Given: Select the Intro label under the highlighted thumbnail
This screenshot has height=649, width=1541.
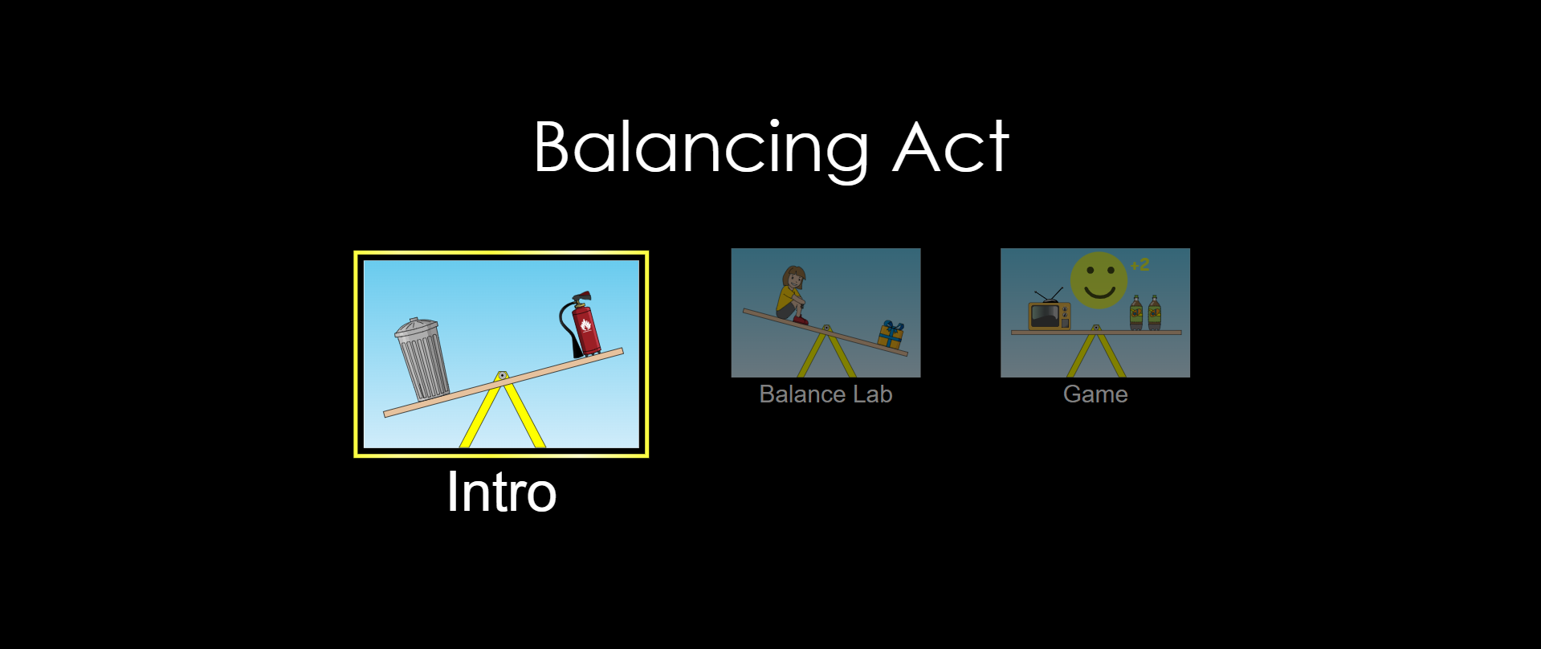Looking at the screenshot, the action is [x=502, y=492].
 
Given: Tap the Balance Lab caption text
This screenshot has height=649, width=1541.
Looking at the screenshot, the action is [x=826, y=394].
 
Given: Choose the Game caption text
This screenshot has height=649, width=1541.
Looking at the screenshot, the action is [x=1095, y=394].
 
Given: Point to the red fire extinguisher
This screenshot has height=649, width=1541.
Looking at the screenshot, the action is [x=581, y=324].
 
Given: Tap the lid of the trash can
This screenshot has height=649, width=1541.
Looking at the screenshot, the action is [x=415, y=328].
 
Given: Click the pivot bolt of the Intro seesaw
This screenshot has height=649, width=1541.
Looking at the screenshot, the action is [x=502, y=375].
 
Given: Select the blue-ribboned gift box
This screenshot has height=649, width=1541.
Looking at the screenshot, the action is [x=891, y=334].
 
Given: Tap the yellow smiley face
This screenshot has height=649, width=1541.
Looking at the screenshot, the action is [x=1099, y=280].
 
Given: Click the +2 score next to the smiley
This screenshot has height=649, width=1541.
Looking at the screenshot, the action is [x=1139, y=265].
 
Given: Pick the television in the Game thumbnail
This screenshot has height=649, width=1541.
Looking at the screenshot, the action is [x=1050, y=316].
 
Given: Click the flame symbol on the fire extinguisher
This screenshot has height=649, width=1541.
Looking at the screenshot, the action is [x=585, y=324].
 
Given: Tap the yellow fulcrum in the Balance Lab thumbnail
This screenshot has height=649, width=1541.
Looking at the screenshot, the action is [x=826, y=353].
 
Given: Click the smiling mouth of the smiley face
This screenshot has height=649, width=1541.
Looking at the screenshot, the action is [x=1099, y=291].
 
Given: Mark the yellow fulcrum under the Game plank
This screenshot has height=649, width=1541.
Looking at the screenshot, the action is [x=1096, y=354].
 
